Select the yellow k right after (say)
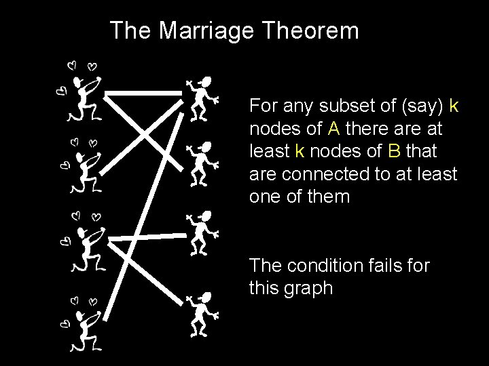454,106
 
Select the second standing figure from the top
202,163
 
